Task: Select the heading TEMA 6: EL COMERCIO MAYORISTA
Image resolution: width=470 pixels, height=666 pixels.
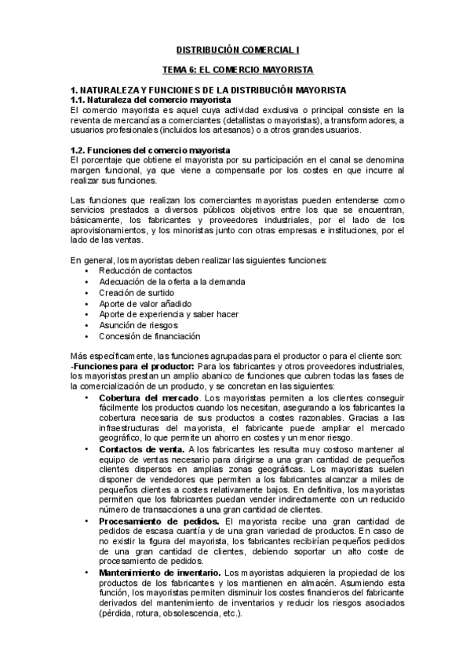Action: click(235, 70)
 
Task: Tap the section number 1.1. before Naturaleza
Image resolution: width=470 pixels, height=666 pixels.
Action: click(81, 101)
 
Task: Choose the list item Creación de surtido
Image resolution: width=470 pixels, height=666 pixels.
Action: click(134, 292)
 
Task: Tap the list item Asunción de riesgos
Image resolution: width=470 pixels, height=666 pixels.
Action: click(138, 324)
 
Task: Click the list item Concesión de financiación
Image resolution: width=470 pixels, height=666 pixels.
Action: click(150, 335)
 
